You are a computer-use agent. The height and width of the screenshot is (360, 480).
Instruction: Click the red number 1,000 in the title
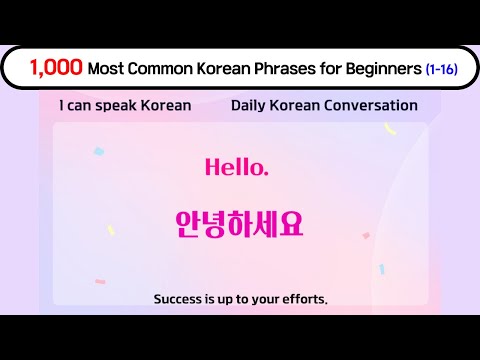[56, 69]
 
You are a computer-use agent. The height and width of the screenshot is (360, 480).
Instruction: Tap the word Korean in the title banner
[230, 69]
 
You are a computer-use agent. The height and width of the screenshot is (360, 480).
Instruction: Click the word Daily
[249, 105]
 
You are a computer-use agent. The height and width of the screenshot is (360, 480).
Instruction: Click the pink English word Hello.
[237, 168]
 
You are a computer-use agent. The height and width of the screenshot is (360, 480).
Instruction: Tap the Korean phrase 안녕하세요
[238, 223]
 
